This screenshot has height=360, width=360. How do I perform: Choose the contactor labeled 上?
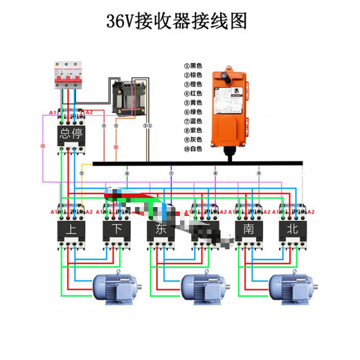[71, 229]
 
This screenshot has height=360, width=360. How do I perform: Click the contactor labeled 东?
[161, 229]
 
